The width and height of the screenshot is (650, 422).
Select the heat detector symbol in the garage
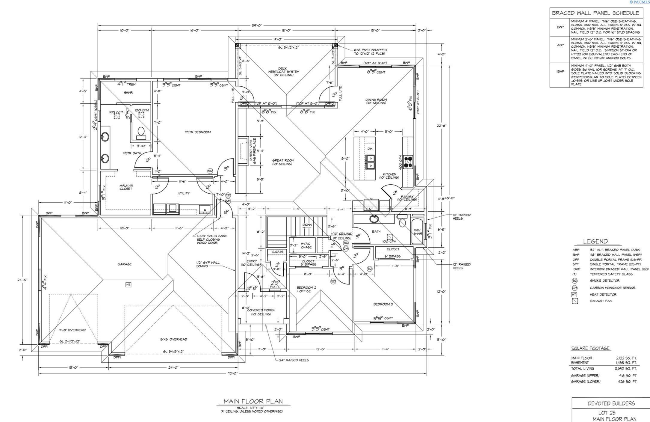(128, 285)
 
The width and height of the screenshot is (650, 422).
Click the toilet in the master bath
(140, 131)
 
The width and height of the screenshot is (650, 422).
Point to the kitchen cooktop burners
(408, 162)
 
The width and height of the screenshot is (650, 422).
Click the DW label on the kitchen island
(370, 149)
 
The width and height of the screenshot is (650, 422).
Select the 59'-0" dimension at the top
(257, 26)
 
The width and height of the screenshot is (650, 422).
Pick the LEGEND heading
(595, 241)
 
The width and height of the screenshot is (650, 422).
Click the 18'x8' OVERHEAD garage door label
(173, 339)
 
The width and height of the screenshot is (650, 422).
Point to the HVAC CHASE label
(306, 245)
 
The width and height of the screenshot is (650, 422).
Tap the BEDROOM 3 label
(383, 304)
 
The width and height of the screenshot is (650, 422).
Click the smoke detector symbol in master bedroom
(210, 171)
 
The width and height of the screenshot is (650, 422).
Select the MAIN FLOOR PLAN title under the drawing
(253, 401)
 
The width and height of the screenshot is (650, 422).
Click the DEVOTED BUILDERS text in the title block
(611, 403)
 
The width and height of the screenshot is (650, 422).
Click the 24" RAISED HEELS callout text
(294, 360)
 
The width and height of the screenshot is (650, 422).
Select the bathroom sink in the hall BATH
(374, 219)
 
